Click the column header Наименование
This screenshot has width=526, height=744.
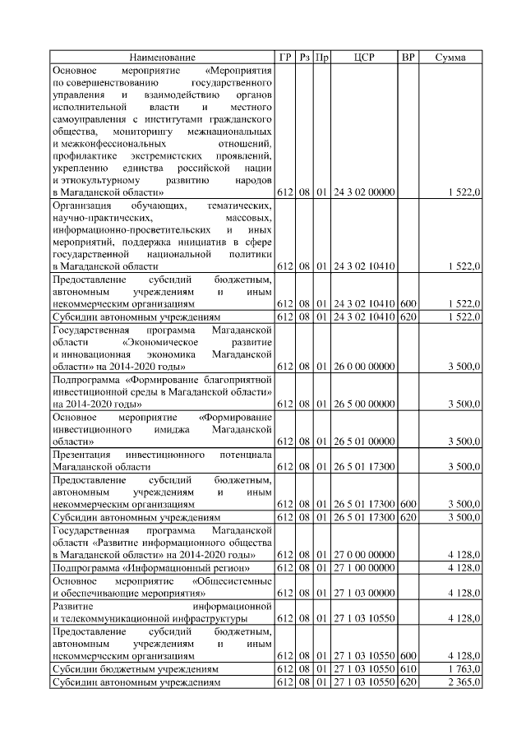(163, 58)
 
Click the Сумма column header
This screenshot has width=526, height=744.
(450, 58)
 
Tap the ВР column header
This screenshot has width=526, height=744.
(408, 58)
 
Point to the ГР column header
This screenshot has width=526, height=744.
(285, 58)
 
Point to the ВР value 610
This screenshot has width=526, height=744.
(408, 669)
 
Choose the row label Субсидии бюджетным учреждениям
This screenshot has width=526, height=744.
(136, 669)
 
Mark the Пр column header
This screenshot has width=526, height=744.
(322, 58)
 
